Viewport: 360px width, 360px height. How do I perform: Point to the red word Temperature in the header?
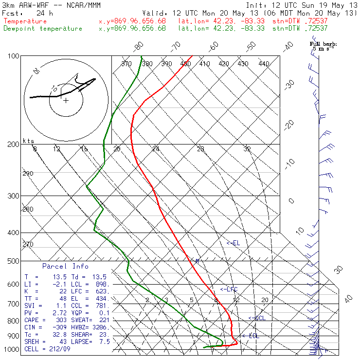25,21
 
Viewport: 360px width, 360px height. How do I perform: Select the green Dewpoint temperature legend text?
43,29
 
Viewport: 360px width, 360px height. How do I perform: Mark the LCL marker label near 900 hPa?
253,336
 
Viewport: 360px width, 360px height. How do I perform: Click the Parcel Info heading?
65,266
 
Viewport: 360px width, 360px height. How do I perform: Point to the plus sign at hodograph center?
66,100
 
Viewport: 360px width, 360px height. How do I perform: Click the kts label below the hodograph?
29,141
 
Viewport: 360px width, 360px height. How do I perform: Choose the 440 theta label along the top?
264,64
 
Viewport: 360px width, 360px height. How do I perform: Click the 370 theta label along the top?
126,64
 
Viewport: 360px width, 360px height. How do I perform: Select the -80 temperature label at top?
139,46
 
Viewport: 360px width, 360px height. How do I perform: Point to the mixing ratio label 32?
247,149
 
